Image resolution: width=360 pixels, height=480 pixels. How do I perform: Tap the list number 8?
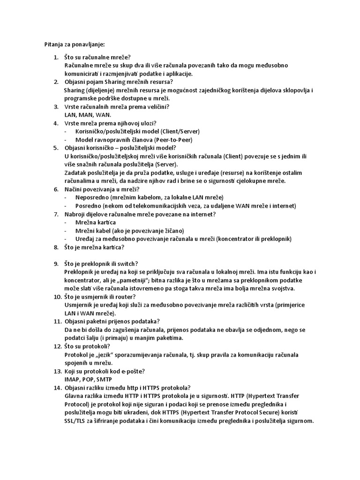coord(56,247)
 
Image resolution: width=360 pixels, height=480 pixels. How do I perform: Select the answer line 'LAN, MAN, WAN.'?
coord(88,115)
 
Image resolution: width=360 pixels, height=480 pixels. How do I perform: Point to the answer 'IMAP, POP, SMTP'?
coord(88,379)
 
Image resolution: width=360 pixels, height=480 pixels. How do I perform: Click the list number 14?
coord(57,387)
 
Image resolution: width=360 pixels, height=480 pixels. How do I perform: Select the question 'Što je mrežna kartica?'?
coord(94,247)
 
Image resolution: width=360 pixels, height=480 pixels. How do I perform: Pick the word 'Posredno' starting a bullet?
coord(87,206)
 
